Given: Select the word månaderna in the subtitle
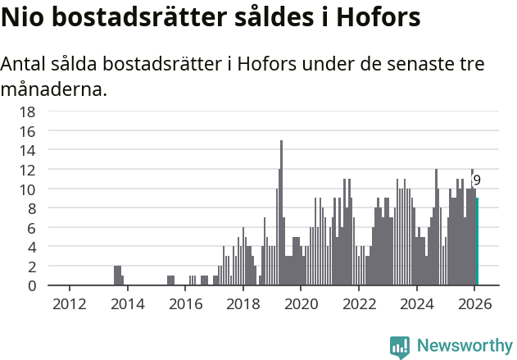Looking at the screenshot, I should point(53,89).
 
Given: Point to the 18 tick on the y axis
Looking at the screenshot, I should point(27,112).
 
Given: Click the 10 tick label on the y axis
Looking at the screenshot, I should point(27,189).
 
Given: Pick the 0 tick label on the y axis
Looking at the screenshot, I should point(31,285).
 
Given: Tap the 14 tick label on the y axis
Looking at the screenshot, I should point(27,150).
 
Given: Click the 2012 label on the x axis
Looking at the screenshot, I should point(69,303).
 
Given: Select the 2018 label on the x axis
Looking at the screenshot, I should point(243,303).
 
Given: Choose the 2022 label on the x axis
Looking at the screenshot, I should point(358,303).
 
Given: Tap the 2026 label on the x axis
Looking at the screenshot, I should point(474,303).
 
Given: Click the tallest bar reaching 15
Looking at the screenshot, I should point(281,213).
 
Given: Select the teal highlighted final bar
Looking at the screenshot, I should point(477,242).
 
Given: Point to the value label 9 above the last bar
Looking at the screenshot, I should point(477,180).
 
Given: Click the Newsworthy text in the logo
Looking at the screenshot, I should point(464,346).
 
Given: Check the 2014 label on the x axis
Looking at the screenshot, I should point(127,303).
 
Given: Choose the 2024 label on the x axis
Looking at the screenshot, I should point(416,303).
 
